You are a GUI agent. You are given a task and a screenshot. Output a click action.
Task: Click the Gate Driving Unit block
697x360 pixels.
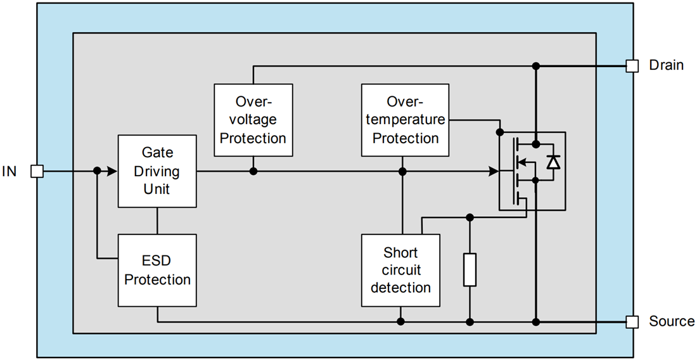click(157, 171)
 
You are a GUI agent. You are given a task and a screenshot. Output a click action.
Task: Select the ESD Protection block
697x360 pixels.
click(157, 270)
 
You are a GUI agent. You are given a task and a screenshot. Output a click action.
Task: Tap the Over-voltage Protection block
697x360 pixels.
click(253, 120)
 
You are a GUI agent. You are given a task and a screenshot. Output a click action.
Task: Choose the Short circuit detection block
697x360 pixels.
click(400, 271)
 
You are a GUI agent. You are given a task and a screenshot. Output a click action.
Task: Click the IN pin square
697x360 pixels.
click(37, 171)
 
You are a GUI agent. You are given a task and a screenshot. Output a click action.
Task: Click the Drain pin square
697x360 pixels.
click(632, 66)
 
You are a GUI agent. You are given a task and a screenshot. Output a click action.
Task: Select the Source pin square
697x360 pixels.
click(632, 322)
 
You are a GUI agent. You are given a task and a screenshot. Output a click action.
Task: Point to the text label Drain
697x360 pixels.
click(666, 65)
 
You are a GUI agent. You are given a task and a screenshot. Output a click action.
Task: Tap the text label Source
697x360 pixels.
click(671, 321)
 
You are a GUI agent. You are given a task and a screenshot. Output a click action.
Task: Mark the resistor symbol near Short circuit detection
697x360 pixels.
click(470, 269)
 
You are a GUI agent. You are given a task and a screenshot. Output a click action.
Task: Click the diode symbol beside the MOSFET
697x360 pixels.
click(553, 162)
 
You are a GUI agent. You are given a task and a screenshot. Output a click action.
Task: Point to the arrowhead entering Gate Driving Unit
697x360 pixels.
click(112, 171)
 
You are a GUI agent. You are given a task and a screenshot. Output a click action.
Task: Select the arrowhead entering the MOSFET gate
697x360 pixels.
click(493, 171)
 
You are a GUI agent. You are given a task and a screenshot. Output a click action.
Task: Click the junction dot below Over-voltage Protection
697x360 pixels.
click(253, 171)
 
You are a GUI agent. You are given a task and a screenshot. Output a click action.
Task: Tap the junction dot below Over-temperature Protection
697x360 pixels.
click(402, 171)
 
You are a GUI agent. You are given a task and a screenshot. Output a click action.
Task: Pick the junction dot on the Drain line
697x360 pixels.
click(535, 66)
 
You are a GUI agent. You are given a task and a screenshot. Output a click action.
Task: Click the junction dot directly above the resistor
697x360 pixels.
click(470, 217)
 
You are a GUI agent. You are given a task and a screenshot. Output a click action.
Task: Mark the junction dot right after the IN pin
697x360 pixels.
click(97, 171)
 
